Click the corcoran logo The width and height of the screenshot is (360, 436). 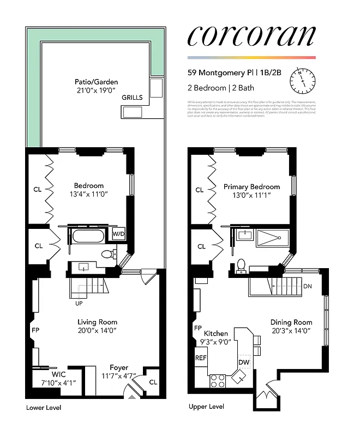[x=251, y=35]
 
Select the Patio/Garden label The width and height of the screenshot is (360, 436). [x=97, y=82]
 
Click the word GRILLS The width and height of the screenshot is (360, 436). [x=132, y=98]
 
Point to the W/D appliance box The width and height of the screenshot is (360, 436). [x=119, y=234]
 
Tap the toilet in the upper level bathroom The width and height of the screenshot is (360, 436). [x=240, y=264]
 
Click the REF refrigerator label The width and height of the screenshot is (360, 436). [x=201, y=358]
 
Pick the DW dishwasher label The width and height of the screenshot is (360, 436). [x=243, y=362]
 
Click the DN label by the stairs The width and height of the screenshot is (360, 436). [x=308, y=286]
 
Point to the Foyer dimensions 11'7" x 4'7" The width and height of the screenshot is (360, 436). [x=119, y=376]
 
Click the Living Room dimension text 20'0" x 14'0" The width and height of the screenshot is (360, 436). [x=97, y=330]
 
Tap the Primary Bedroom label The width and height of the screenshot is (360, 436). [x=251, y=186]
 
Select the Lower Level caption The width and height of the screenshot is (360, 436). [x=44, y=408]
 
